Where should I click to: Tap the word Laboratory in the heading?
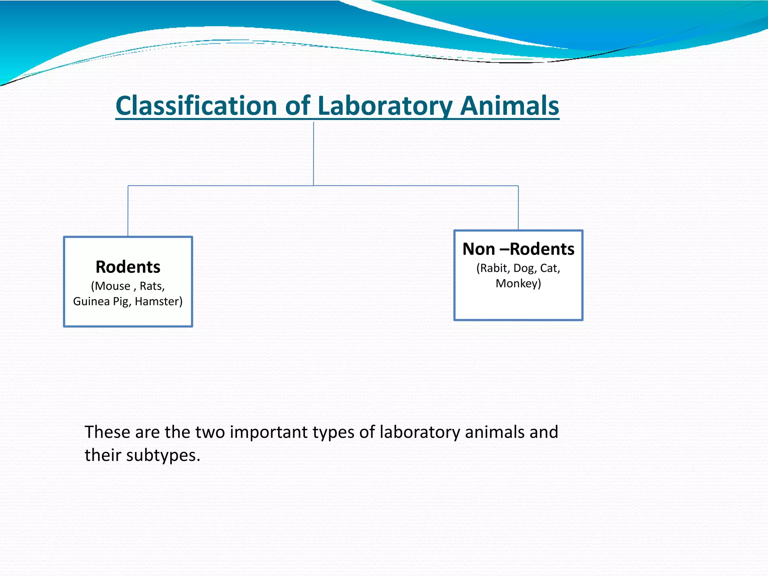385,106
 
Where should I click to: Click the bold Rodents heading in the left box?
128,267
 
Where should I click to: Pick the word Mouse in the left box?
112,286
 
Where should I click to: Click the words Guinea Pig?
101,301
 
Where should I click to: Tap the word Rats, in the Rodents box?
152,286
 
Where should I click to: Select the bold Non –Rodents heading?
518,249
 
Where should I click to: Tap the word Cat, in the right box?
550,268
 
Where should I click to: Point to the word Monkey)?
518,283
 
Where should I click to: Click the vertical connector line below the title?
313,154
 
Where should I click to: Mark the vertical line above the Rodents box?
128,211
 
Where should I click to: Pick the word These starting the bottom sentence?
107,432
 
